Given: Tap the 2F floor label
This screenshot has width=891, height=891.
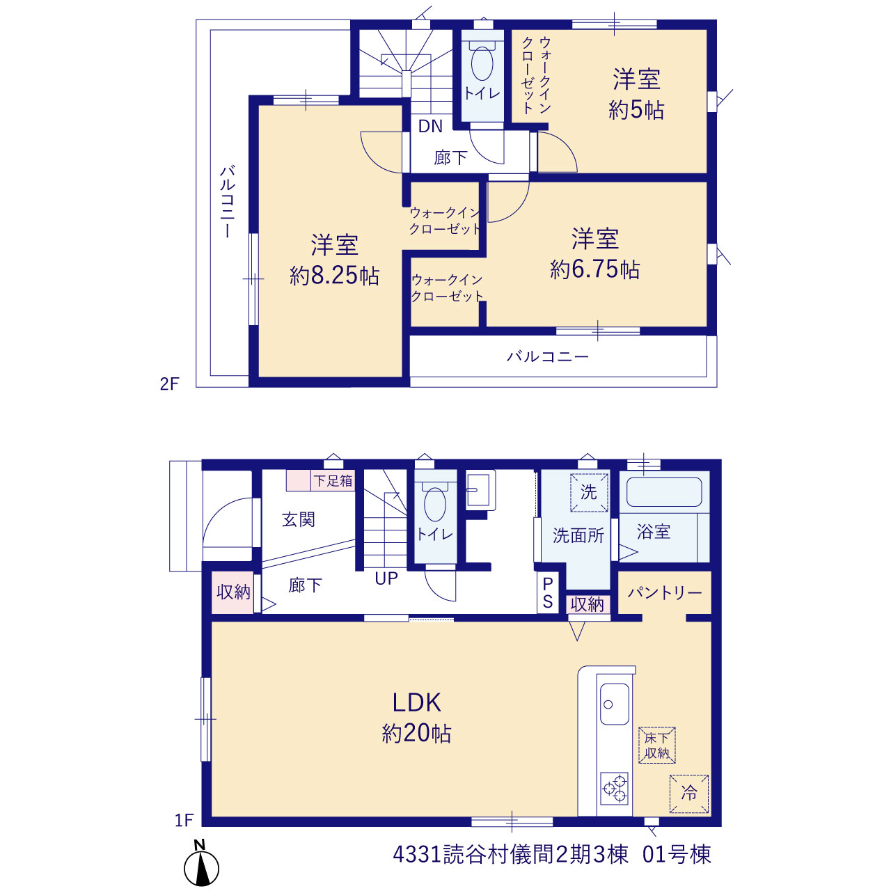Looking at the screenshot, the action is point(169,384).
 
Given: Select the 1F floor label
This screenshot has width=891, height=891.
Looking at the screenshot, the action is point(184,820).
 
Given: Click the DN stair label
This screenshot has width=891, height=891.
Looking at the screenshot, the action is point(430,126).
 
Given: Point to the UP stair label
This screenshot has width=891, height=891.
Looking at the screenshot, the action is point(386,578).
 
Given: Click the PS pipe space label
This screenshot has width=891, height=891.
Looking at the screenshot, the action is point(547,593).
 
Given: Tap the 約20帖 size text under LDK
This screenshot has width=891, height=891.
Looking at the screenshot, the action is point(416,733).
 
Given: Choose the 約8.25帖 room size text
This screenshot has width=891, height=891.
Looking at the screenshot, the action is point(334,276).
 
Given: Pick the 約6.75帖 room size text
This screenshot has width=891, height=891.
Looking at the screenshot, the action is point(594,269).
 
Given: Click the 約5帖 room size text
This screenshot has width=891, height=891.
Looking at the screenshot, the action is point(636,110).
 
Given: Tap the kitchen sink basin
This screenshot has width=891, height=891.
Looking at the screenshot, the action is point(615,704).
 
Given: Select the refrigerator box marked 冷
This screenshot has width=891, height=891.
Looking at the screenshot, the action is point(689,794).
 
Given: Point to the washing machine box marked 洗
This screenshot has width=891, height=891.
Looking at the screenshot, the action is point(589,492).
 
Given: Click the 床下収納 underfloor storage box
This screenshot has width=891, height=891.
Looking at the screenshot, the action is point(657,745).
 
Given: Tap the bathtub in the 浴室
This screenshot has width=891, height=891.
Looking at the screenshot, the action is point(664,491).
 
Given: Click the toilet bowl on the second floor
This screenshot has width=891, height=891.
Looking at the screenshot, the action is point(482,63).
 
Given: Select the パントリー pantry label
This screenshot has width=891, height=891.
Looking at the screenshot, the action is point(665,593).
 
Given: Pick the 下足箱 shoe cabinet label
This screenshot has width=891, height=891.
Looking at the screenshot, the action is point(333,481).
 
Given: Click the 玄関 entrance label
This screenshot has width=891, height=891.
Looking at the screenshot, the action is point(298,520).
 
